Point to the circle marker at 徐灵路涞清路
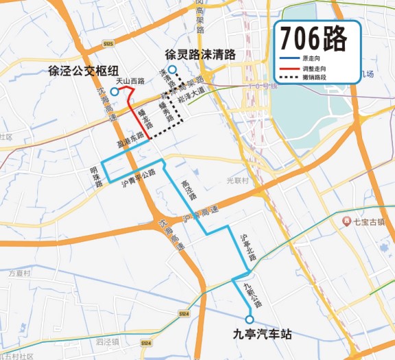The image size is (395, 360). coord(173,69)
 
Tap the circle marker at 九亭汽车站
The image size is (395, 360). coord(250,320)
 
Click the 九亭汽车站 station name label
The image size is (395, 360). coord(262,335)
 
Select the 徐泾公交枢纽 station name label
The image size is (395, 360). coord(79,71)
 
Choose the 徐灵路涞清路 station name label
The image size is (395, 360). coord(200,53)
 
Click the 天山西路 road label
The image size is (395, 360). coord(130,81)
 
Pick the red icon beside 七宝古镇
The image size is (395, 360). coord(347,221)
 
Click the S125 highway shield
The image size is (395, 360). coord(108,44)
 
